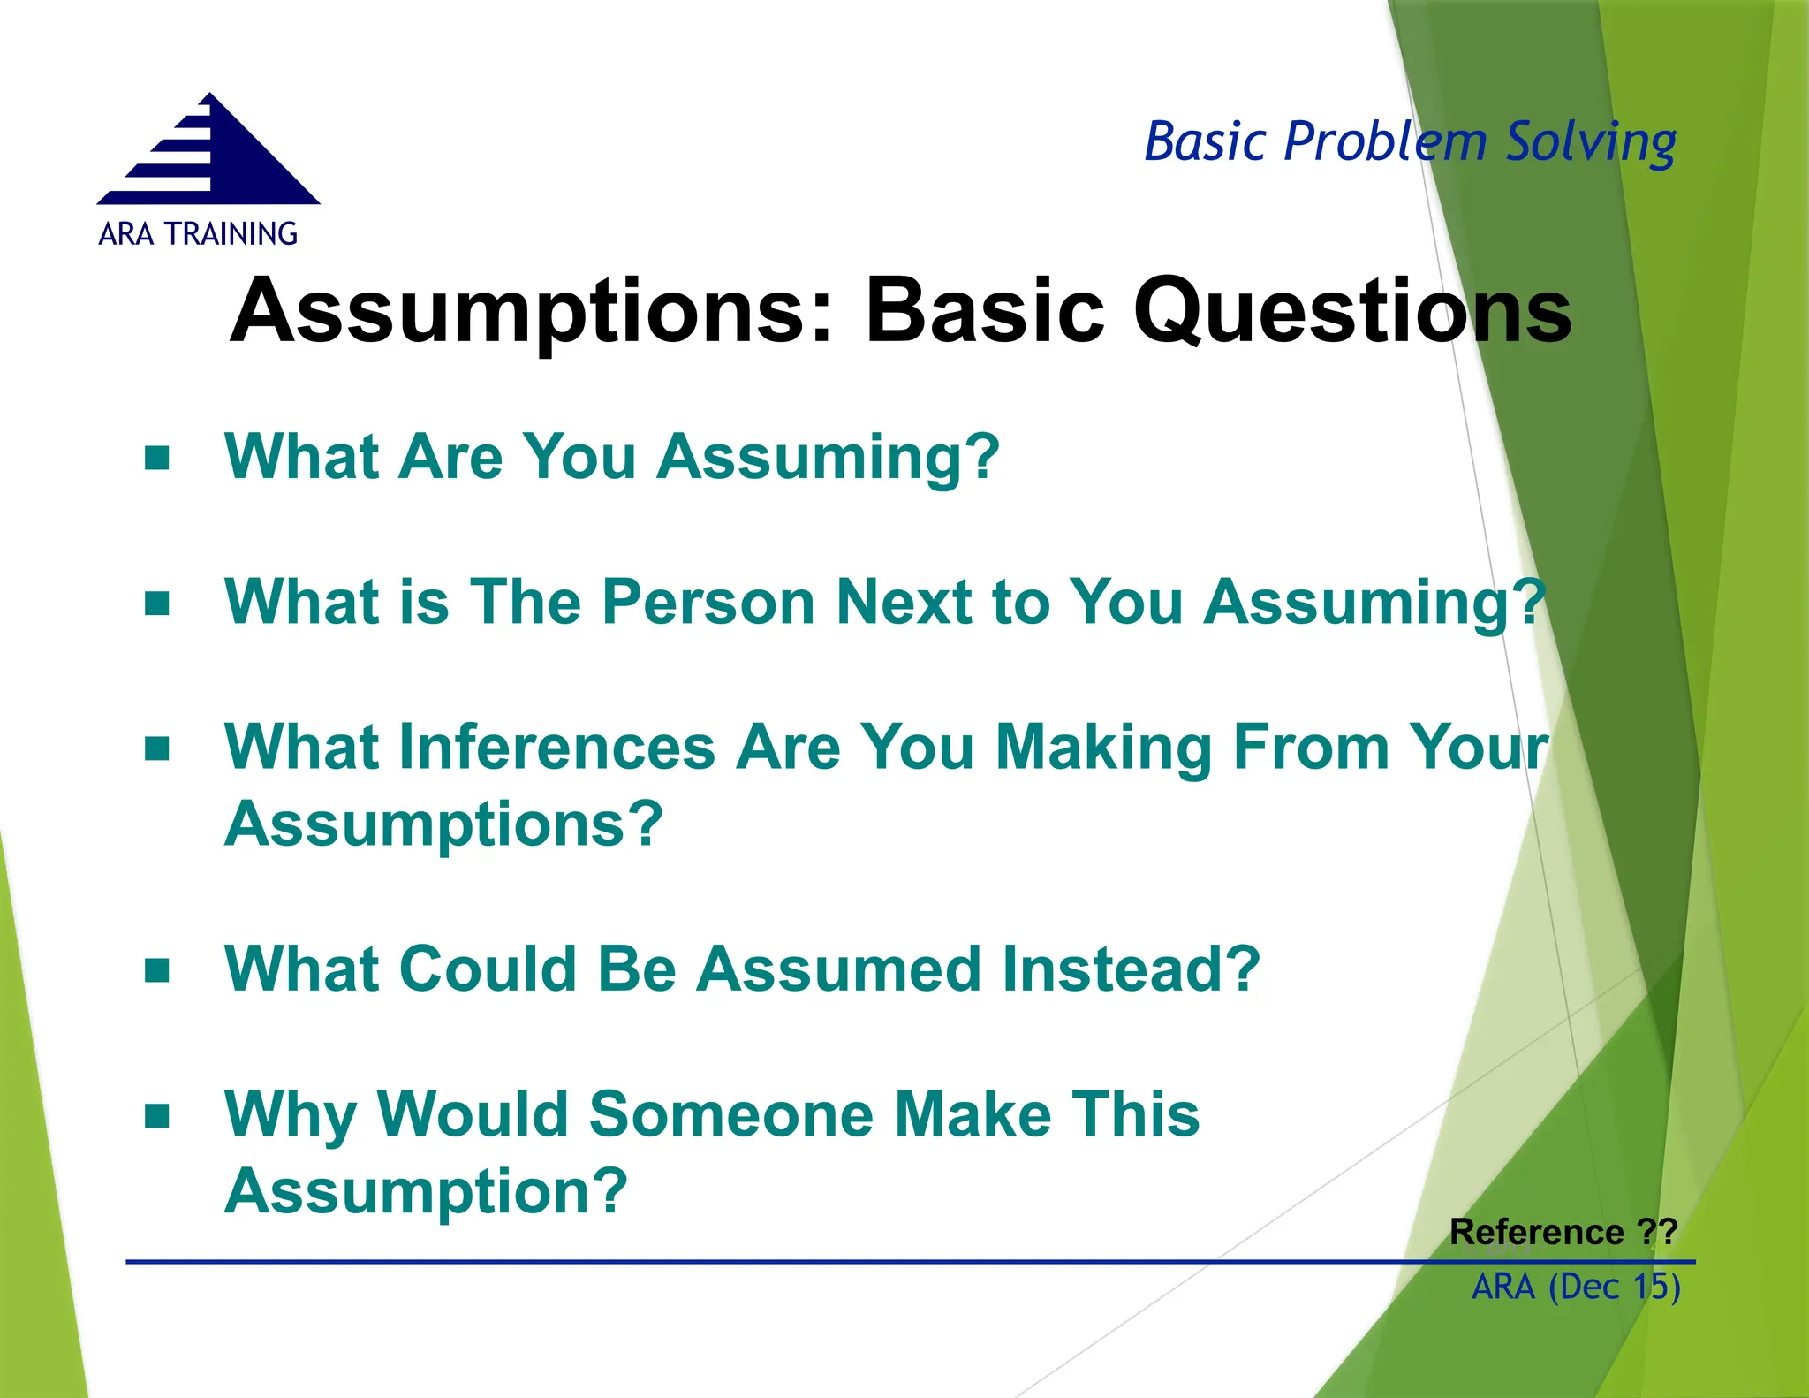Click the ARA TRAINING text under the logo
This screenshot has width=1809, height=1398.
point(198,234)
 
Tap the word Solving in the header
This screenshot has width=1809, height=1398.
point(1590,142)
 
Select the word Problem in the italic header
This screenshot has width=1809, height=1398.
point(1385,142)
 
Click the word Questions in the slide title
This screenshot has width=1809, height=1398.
point(1351,311)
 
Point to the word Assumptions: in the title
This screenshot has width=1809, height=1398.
point(531,311)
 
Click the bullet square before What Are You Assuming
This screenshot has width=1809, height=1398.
point(157,459)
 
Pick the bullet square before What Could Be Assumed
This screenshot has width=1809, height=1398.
point(157,970)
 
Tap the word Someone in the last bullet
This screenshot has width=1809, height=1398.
point(731,1114)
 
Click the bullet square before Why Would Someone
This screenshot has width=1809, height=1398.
point(157,1116)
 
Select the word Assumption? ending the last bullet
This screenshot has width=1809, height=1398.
point(426,1191)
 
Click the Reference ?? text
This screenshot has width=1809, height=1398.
point(1563,1232)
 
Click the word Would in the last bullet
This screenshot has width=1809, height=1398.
point(473,1114)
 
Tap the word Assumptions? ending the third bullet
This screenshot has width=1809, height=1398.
point(443,824)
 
